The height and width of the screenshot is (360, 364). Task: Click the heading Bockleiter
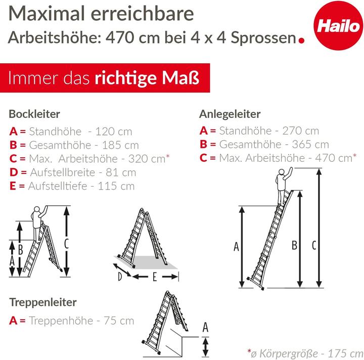point(34,114)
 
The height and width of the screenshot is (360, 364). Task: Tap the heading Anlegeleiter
point(230,114)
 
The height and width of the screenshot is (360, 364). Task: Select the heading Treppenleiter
point(43,302)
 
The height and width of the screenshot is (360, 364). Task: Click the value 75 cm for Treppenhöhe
point(119,321)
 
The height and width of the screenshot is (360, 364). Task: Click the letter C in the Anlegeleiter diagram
point(313,246)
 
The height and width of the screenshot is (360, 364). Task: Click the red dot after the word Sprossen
point(302,39)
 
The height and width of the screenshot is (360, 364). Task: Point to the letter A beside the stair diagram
point(205,327)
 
